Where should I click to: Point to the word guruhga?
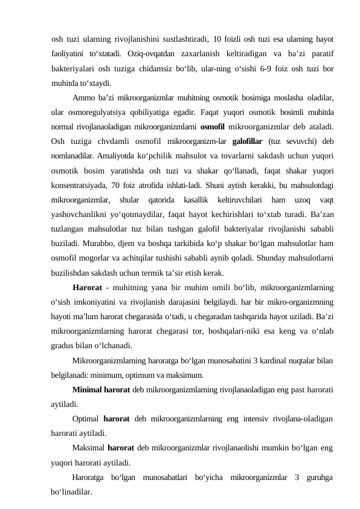click(x=315, y=478)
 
